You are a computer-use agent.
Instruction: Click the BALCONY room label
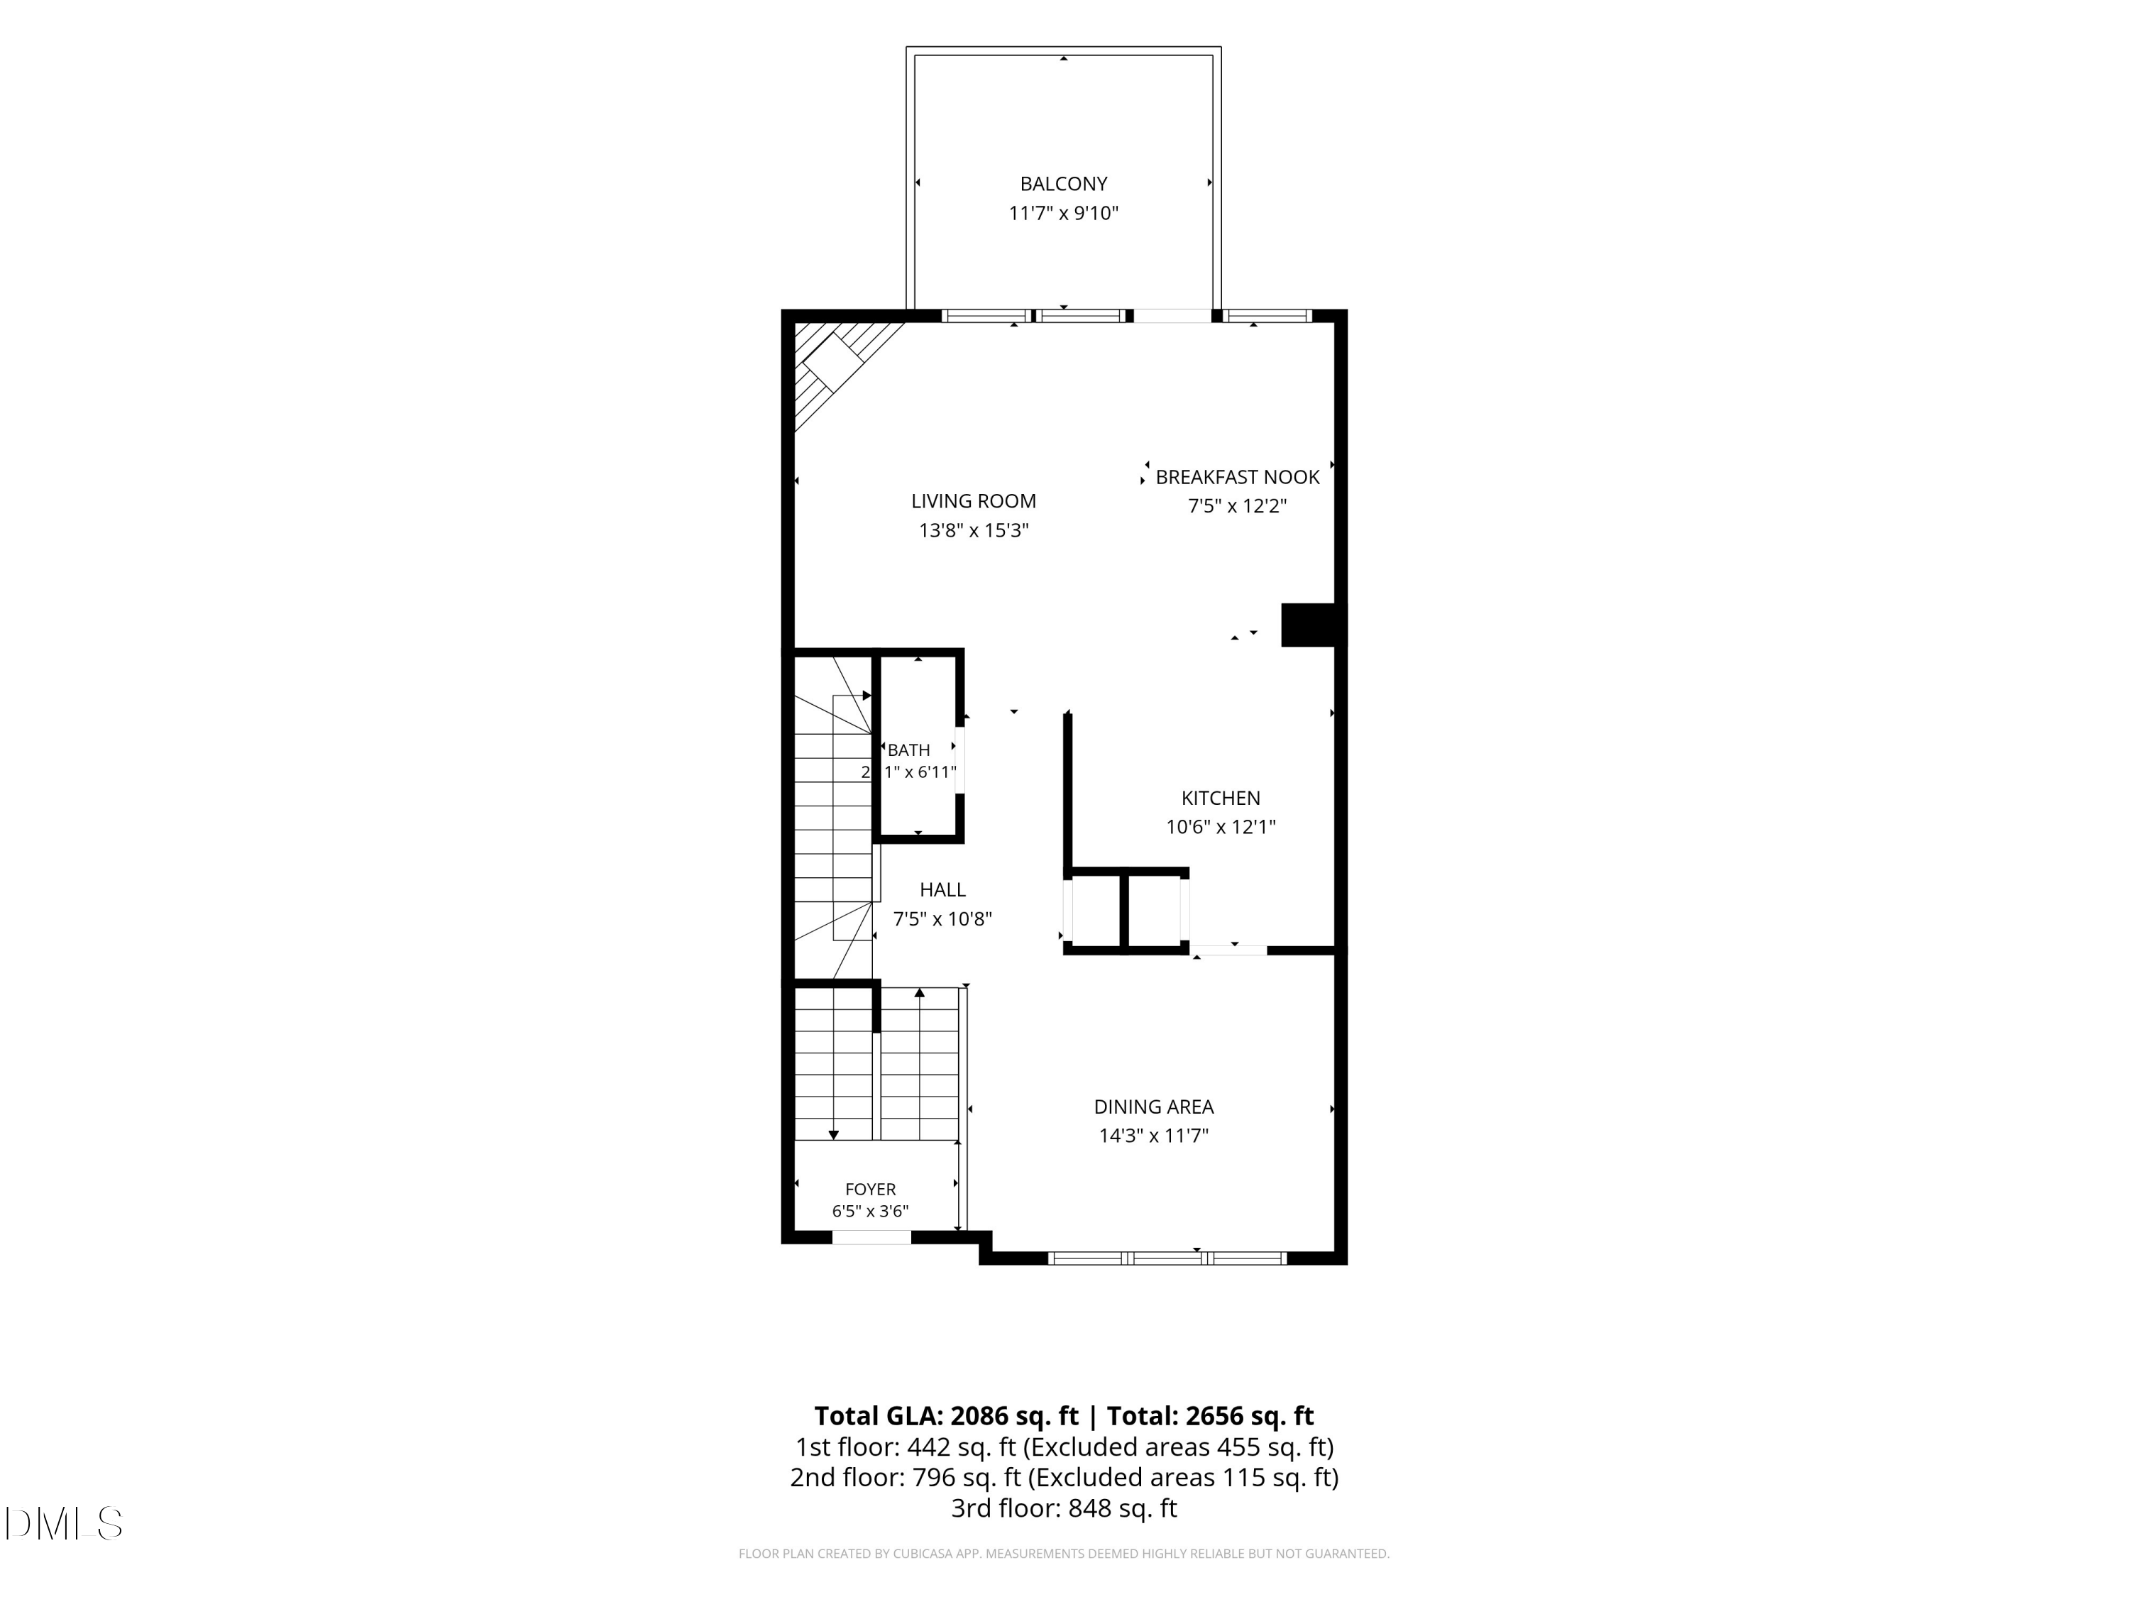[x=1064, y=183]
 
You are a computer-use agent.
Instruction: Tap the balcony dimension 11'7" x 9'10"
[x=1064, y=213]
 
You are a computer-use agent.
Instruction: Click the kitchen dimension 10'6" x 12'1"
[x=1221, y=827]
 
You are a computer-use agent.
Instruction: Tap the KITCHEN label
[x=1221, y=798]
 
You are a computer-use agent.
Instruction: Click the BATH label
[x=908, y=750]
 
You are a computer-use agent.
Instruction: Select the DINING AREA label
[x=1153, y=1107]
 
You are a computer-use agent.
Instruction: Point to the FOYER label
[x=870, y=1190]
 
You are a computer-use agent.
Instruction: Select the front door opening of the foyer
[x=871, y=1238]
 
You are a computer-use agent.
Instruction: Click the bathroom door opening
[x=959, y=760]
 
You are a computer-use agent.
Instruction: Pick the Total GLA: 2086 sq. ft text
[x=946, y=1416]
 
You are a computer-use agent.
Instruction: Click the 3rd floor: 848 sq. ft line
[x=1064, y=1508]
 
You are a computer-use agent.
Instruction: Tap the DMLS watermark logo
[x=64, y=1524]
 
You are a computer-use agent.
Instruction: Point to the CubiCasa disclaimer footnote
[x=1064, y=1554]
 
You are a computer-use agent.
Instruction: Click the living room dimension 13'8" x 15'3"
[x=973, y=530]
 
